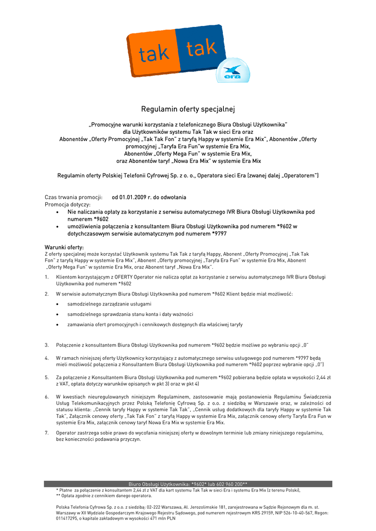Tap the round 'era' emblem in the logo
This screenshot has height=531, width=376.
click(233, 72)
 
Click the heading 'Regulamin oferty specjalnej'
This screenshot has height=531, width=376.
click(188, 109)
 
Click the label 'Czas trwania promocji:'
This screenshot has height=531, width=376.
click(72, 198)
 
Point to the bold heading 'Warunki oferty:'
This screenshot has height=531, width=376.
click(64, 247)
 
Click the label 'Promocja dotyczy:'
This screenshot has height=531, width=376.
click(68, 205)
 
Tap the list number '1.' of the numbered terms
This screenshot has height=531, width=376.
click(47, 277)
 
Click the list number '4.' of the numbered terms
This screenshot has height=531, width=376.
click(47, 358)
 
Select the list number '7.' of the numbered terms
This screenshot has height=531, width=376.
click(47, 432)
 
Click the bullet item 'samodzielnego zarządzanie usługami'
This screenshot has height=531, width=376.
click(110, 304)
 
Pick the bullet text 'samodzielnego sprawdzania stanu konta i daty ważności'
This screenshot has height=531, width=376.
click(130, 314)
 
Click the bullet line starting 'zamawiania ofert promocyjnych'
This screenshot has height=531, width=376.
click(155, 325)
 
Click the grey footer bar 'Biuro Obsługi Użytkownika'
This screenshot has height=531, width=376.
click(188, 484)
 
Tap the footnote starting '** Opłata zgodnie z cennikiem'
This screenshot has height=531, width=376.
click(104, 496)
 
